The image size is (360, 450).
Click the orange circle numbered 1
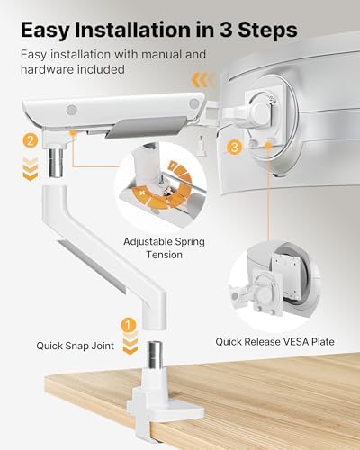[130, 324]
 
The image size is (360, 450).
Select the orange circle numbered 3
[236, 146]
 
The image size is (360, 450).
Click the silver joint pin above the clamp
[130, 368]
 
